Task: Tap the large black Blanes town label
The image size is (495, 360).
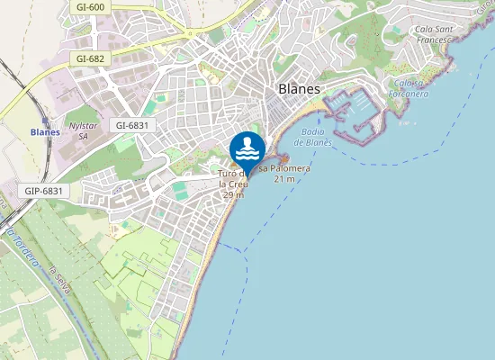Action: [x=300, y=88]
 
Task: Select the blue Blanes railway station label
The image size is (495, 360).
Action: [x=45, y=132]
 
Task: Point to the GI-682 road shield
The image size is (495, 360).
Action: [x=91, y=58]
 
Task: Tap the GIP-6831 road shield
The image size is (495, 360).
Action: [x=43, y=191]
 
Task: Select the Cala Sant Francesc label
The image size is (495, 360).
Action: [x=438, y=34]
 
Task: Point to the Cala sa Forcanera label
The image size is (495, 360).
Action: [x=409, y=88]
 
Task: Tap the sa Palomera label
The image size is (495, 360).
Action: [x=284, y=168]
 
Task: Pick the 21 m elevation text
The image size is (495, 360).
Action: [x=284, y=179]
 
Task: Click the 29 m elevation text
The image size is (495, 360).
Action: [x=232, y=195]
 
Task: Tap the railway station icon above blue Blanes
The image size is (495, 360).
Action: [x=45, y=120]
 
